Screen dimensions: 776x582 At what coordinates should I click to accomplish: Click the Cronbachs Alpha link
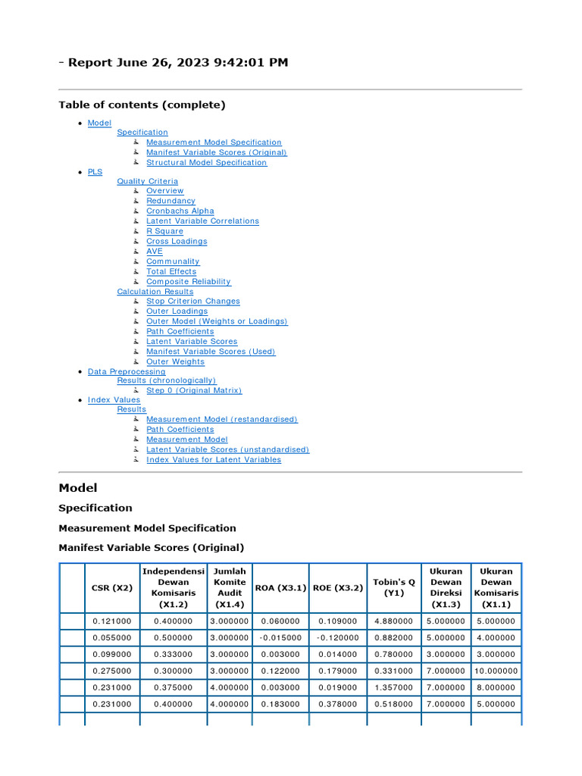pos(180,211)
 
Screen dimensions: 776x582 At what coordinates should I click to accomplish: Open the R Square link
pos(164,231)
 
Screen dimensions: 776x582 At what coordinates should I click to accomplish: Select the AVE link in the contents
pos(154,251)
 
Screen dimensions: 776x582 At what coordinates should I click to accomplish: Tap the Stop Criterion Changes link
pos(192,301)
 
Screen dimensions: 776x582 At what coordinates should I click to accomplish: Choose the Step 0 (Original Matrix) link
pos(194,390)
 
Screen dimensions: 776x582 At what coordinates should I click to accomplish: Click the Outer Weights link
pos(175,361)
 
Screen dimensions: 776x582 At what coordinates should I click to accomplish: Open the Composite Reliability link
pos(188,281)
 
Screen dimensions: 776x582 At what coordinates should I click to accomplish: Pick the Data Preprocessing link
pos(126,371)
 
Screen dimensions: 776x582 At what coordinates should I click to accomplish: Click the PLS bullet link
pos(95,172)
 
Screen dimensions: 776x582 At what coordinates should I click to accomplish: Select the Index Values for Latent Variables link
pos(213,459)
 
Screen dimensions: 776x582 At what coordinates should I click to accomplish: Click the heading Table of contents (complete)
pos(142,105)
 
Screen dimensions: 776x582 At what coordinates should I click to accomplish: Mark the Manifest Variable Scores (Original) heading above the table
pos(151,547)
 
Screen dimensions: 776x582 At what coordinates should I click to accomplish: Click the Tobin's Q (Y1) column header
pos(394,587)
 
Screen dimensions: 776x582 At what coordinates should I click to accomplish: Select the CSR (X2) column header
pos(111,587)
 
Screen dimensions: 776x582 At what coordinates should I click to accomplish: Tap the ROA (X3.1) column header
pos(280,587)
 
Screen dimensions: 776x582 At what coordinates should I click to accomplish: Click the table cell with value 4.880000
pos(394,621)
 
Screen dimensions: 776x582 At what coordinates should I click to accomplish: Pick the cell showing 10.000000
pos(496,671)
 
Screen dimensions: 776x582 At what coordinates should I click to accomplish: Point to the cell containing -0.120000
pos(337,637)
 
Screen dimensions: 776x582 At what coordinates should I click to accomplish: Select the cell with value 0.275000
pos(111,671)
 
